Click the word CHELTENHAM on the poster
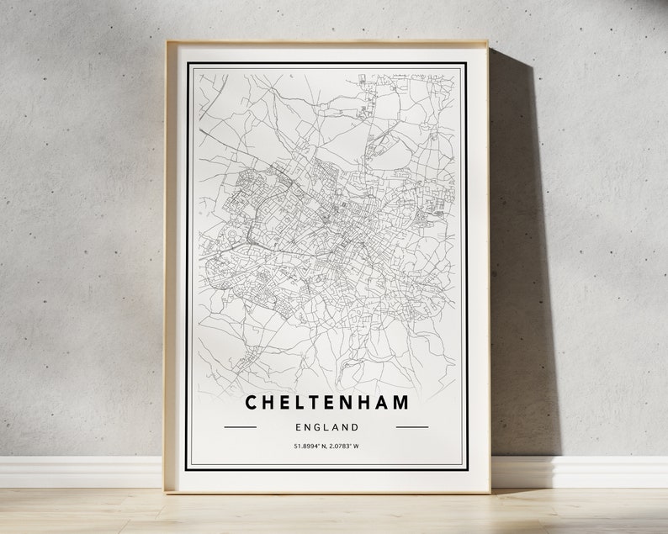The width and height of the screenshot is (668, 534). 326,402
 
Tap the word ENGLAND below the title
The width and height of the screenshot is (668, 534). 326,426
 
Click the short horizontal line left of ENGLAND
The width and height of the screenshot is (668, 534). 241,426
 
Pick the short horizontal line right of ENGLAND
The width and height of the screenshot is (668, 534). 412,426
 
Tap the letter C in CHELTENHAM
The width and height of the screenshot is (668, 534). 252,402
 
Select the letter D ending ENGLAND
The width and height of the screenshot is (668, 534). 356,426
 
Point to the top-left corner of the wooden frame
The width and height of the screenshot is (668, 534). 166,42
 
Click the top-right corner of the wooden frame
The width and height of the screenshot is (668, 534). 488,42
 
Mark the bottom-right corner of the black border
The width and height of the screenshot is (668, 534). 466,468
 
